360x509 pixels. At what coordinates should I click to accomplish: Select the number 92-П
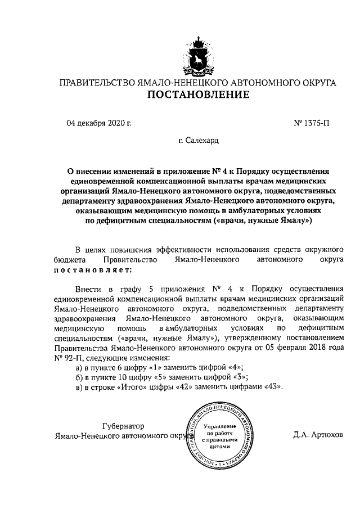70,358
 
